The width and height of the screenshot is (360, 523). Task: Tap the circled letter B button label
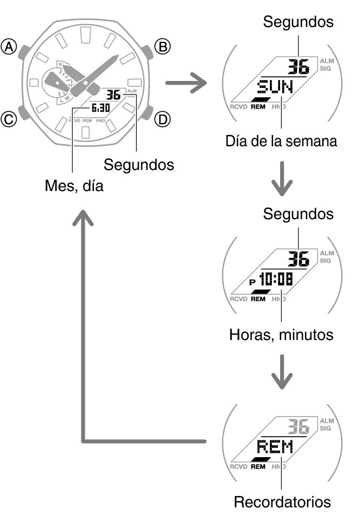click(x=162, y=47)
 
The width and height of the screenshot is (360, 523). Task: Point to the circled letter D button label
click(x=162, y=119)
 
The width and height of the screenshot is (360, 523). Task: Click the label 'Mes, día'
click(x=73, y=187)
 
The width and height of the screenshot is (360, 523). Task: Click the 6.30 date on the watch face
click(x=100, y=108)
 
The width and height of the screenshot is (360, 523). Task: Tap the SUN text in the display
click(x=275, y=86)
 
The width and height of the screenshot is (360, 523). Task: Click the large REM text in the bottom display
click(x=275, y=447)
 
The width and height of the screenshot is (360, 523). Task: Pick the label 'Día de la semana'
click(x=281, y=141)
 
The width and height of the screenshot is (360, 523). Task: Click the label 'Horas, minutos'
click(x=281, y=335)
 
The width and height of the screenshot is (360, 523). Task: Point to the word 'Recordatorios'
click(x=282, y=502)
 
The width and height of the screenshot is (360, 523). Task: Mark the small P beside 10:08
click(x=252, y=281)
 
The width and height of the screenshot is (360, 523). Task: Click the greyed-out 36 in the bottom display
click(x=297, y=427)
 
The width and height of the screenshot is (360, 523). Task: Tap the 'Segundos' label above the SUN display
click(x=298, y=22)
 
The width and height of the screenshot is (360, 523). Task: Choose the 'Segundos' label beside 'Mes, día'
click(x=139, y=165)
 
